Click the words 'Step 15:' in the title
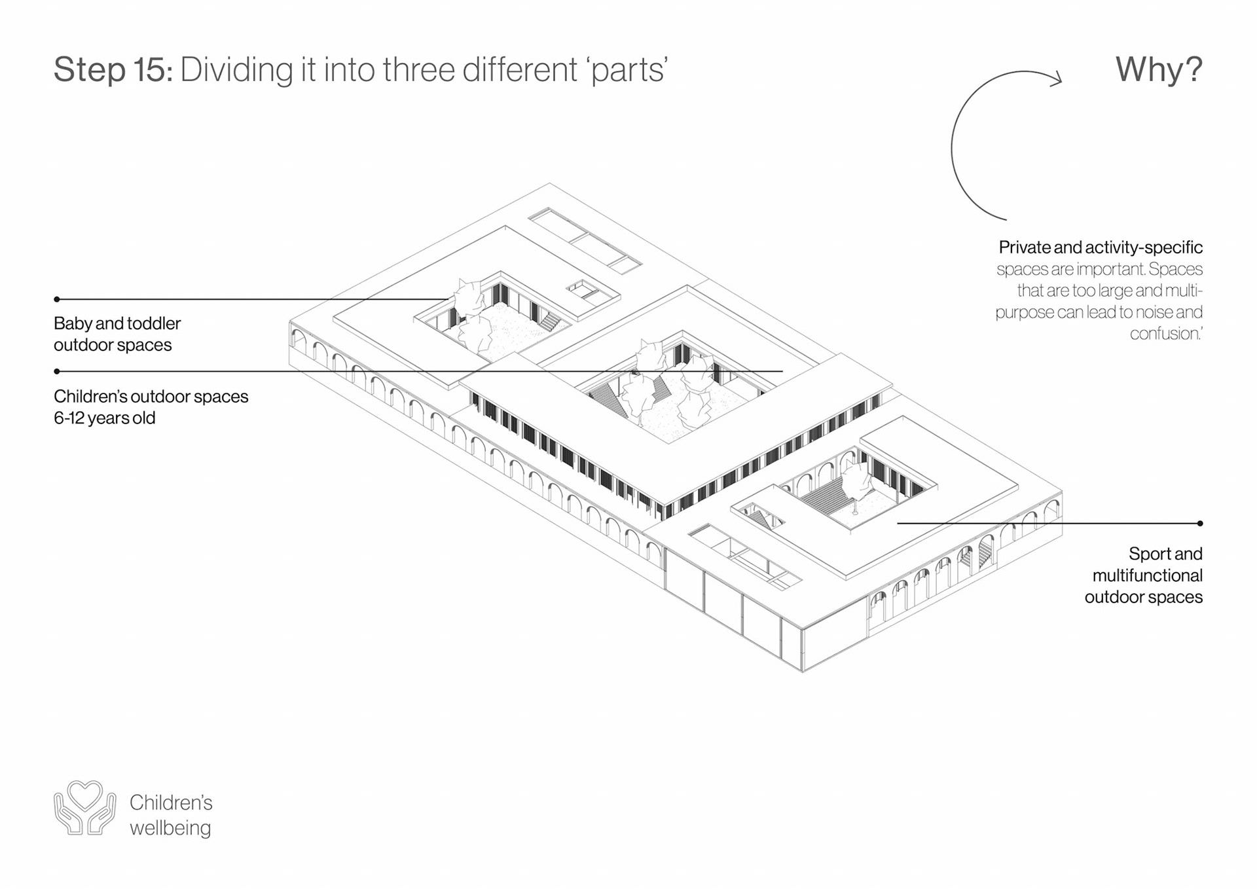113,69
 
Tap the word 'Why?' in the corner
1158,69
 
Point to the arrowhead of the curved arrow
1055,80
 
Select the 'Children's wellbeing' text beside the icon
171,815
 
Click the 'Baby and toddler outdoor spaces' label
117,334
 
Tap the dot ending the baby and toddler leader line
57,299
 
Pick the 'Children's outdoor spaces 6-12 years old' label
151,407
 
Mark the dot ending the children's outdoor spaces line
57,371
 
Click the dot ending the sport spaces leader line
1199,523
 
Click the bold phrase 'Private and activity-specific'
1100,247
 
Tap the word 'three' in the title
420,69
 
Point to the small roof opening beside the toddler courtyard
584,290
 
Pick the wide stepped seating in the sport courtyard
824,496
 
